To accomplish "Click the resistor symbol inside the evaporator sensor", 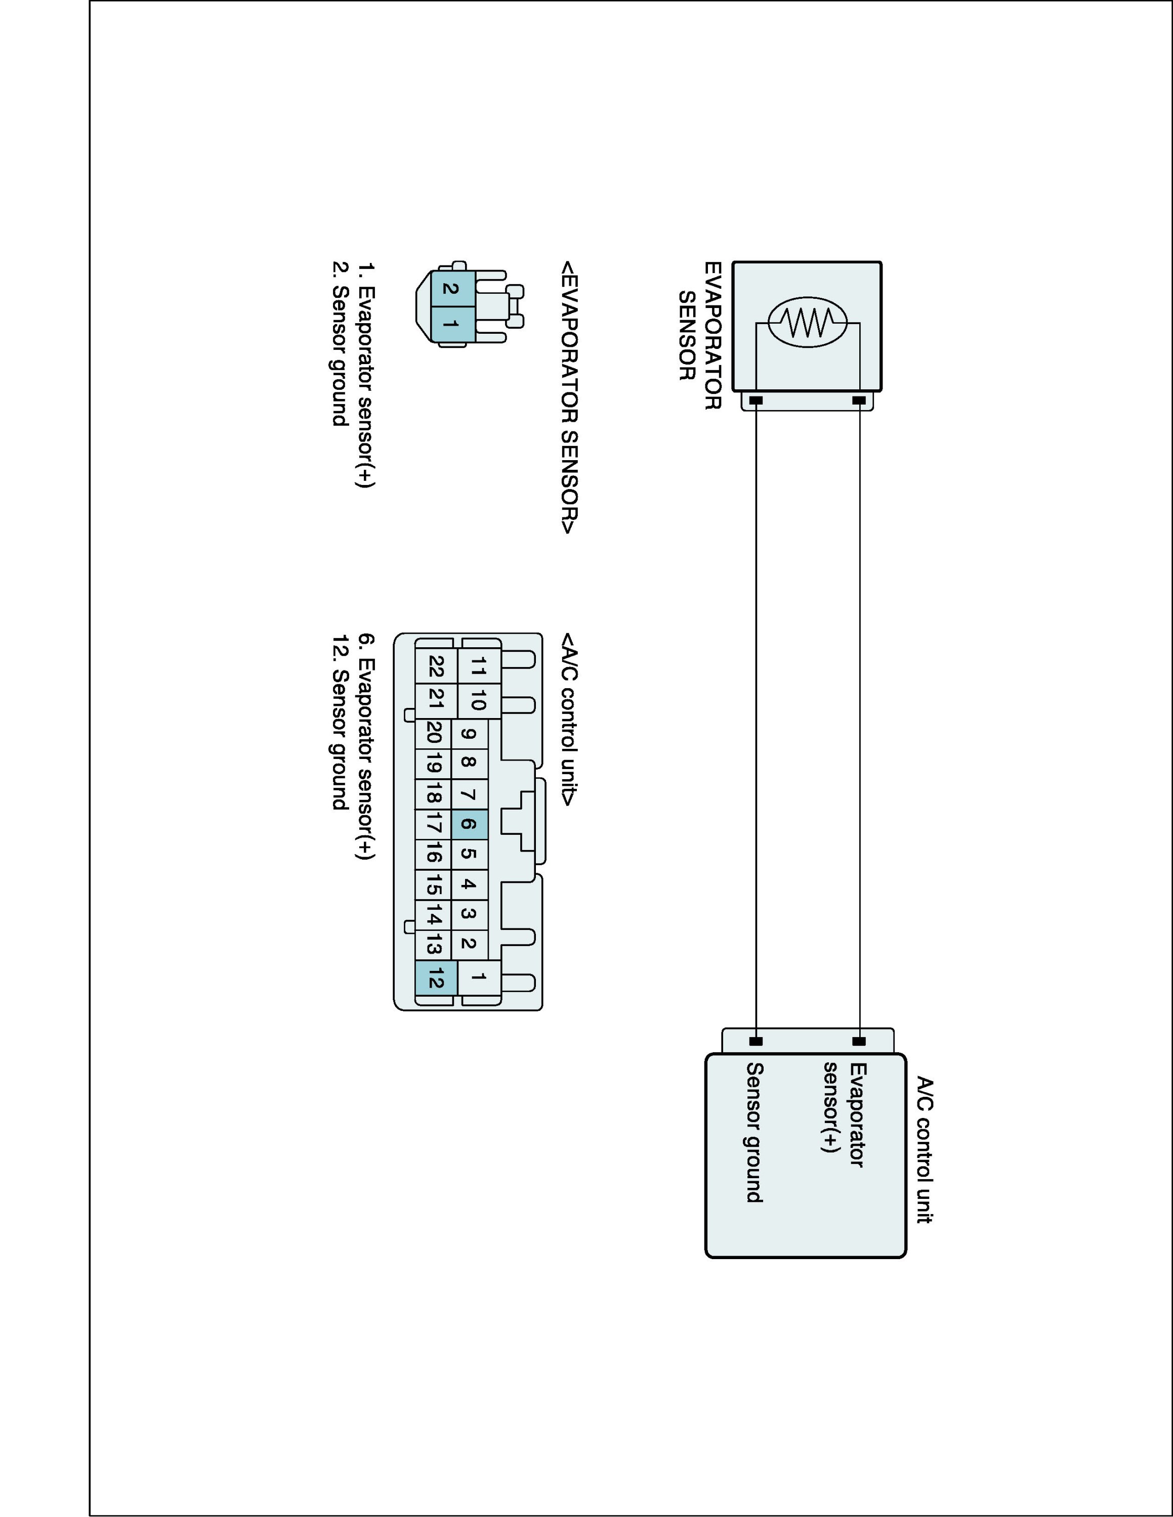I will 807,322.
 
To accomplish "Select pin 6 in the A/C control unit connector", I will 469,824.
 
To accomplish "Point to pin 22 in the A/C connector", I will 436,667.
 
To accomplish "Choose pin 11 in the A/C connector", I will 479,667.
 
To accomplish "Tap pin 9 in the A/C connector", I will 469,734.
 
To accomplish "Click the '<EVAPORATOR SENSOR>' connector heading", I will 569,397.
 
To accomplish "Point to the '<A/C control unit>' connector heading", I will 569,720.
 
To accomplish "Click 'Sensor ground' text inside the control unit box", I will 755,1132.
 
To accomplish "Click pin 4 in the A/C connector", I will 469,885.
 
